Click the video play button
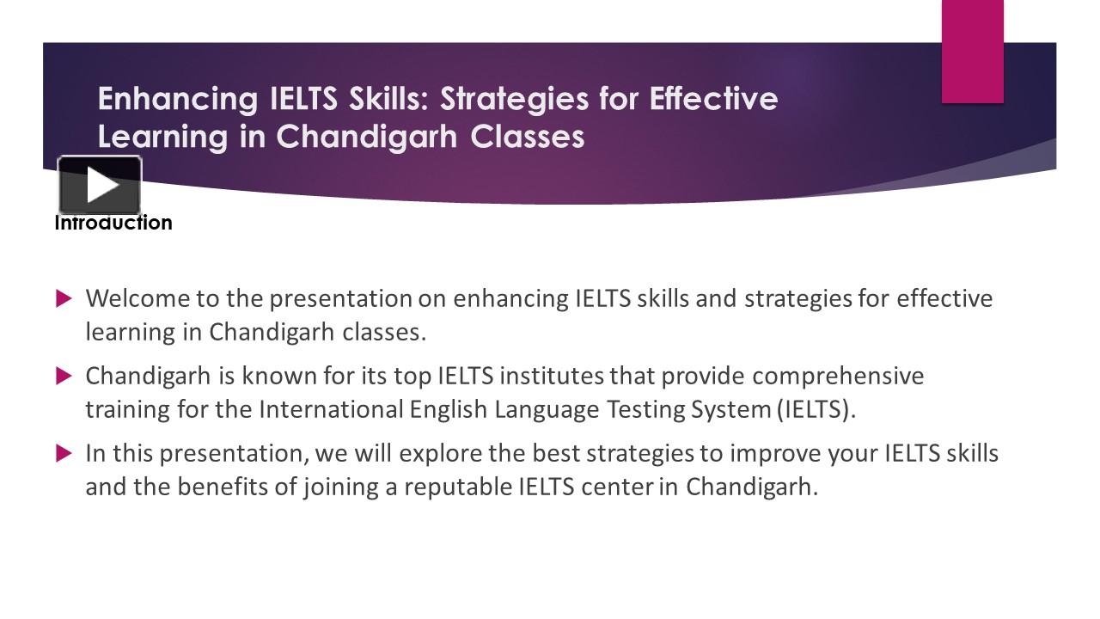point(100,185)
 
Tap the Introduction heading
point(113,223)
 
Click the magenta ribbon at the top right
point(972,52)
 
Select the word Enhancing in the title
point(178,100)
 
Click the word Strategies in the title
point(514,100)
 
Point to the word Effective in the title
point(713,99)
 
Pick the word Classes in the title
point(528,137)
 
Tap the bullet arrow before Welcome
point(64,298)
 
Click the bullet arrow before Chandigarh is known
point(64,377)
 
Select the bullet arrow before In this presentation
point(64,453)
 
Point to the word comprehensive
point(838,377)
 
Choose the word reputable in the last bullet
point(458,487)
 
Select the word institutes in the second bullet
point(552,376)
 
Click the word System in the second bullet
point(730,410)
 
